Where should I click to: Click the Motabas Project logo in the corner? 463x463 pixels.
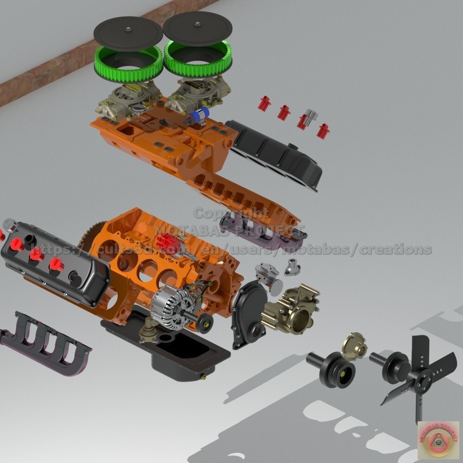pos(438,440)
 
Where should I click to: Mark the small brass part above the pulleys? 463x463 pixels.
pos(354,345)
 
